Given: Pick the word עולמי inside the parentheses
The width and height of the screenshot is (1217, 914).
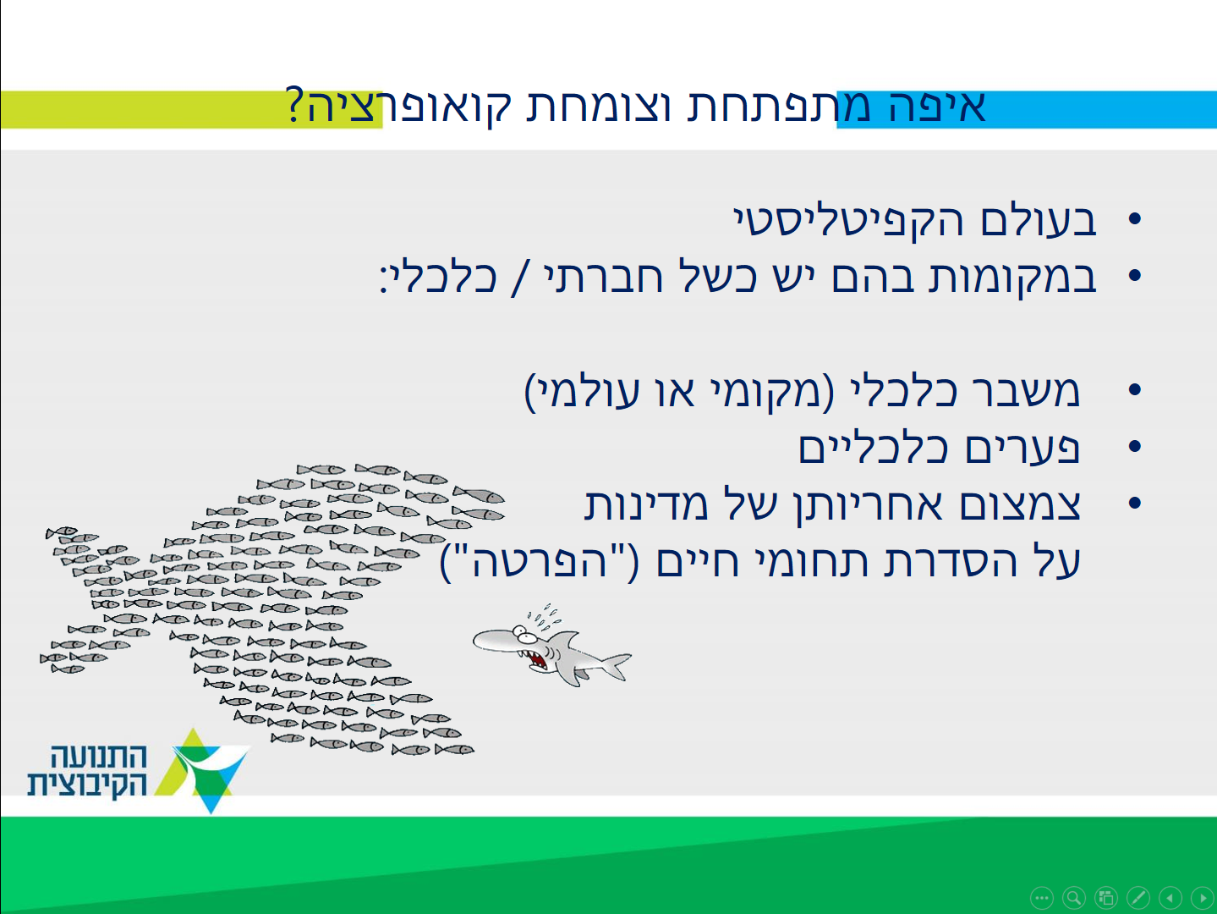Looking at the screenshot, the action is point(589,392).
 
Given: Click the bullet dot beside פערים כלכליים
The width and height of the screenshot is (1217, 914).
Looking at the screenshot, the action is point(1134,446).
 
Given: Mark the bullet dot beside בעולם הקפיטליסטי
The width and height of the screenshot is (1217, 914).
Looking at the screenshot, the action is point(1134,218).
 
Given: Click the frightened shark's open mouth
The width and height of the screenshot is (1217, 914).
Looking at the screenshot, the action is point(537,659).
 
